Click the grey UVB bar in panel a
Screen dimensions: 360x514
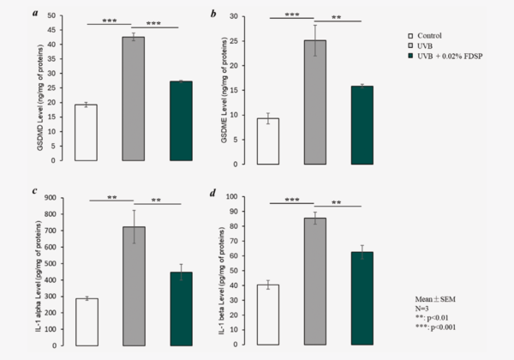click(133, 99)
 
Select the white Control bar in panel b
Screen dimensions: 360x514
click(268, 141)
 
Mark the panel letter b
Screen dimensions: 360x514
click(225, 14)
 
